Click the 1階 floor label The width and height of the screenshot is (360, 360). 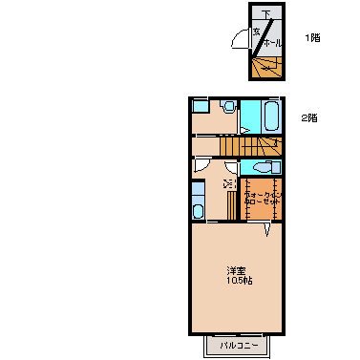pos(312,38)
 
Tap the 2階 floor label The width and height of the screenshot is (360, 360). pos(308,118)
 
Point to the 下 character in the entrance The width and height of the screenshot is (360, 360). pos(266,13)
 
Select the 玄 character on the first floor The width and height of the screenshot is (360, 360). pos(257,32)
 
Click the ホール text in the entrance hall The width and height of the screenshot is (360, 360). pos(270,44)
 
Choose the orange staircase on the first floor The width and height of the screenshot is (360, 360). pos(266,66)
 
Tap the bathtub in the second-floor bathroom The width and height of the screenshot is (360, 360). pos(269,118)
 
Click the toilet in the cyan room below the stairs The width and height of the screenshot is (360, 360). pos(259,167)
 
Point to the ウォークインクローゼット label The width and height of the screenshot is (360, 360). pos(260,198)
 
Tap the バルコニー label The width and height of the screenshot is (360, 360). pos(237,345)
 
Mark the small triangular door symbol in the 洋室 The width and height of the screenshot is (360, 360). pos(269,230)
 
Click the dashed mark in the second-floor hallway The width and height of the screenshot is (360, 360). pos(227,183)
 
